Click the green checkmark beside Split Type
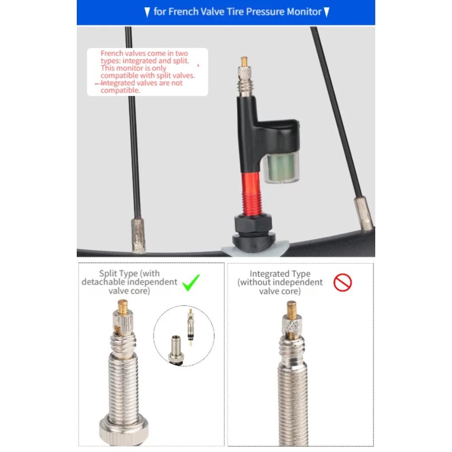coord(191,283)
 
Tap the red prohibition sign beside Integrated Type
coord(342,283)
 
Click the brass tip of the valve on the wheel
coord(244,61)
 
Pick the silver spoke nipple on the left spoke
coord(138,235)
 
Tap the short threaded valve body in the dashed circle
coord(176,349)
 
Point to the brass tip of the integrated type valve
coord(292,308)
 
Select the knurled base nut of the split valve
coord(124,433)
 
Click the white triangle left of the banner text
coord(147,12)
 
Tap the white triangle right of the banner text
coord(326,12)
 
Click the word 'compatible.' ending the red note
coord(121,90)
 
